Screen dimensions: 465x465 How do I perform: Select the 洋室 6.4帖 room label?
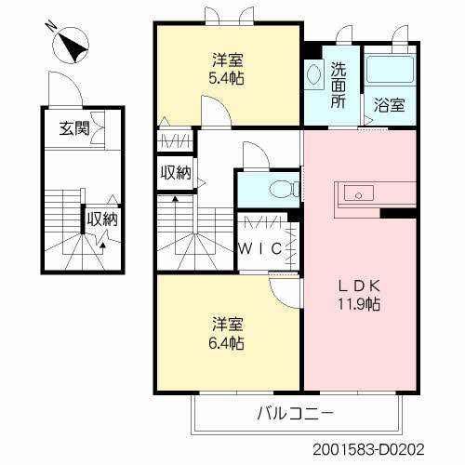(227, 334)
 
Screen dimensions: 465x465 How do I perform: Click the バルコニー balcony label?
(295, 413)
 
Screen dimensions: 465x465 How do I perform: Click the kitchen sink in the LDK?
(357, 194)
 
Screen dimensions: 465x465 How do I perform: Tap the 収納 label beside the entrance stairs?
(102, 219)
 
